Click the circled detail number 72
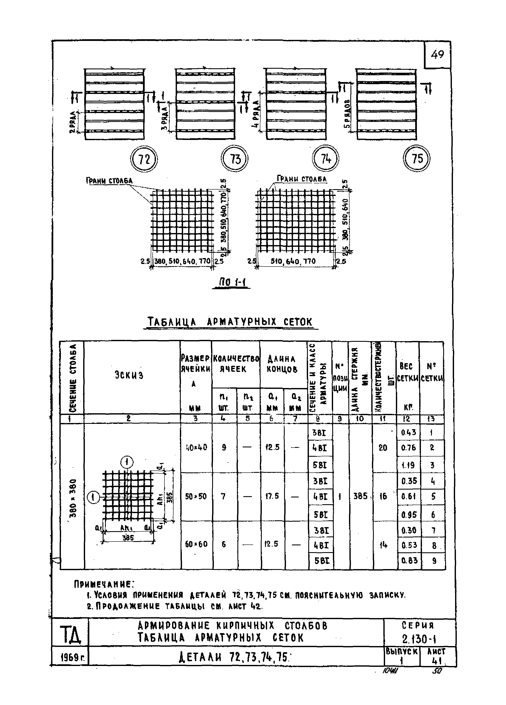(144, 159)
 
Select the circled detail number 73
(235, 159)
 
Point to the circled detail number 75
(417, 159)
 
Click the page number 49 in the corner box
(437, 55)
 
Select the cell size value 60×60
(196, 544)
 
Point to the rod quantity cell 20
(383, 448)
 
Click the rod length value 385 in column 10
(360, 496)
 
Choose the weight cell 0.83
(409, 561)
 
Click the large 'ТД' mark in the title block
(70, 635)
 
